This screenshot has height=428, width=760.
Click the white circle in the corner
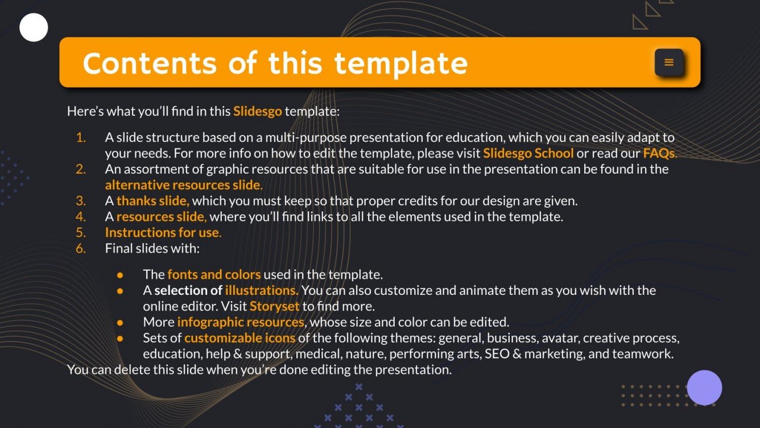[x=34, y=27]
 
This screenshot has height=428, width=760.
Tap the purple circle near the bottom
[x=704, y=388]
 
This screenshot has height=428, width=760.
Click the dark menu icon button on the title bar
[x=669, y=63]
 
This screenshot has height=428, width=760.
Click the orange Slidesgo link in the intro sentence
[x=257, y=111]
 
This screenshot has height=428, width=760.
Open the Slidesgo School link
[x=528, y=153]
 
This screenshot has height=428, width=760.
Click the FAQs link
[x=659, y=153]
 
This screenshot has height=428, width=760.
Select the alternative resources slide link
[x=183, y=185]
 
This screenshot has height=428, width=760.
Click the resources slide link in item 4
[x=161, y=217]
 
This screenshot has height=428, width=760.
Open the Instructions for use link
[x=162, y=233]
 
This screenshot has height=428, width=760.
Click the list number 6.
[x=81, y=249]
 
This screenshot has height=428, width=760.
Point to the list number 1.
[x=81, y=137]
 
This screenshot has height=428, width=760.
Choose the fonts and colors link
[x=214, y=275]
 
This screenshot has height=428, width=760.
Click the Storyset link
[x=274, y=307]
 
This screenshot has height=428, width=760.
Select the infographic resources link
[x=241, y=322]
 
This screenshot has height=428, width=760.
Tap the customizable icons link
[x=239, y=338]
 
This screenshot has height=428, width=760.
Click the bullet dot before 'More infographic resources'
[x=120, y=322]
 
